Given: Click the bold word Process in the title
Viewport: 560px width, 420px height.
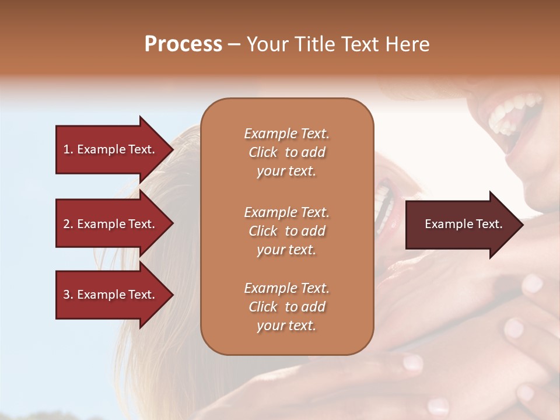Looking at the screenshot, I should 183,44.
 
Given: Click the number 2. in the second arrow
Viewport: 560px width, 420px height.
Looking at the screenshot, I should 68,224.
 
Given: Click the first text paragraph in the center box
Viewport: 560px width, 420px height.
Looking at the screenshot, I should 286,152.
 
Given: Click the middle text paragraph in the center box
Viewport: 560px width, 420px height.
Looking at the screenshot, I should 286,230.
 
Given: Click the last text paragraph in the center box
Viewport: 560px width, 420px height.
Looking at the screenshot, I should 286,307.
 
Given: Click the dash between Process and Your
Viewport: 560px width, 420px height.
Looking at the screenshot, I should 234,45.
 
